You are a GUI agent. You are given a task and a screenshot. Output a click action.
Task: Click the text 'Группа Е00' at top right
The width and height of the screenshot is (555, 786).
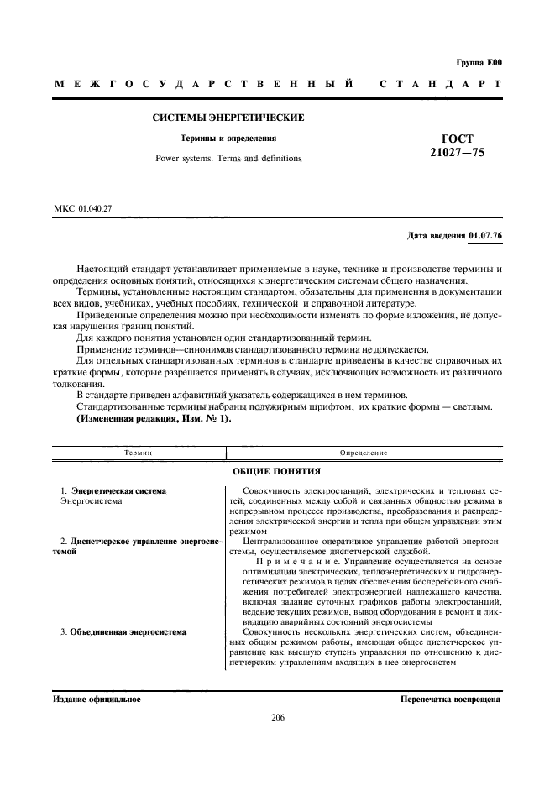pos(479,62)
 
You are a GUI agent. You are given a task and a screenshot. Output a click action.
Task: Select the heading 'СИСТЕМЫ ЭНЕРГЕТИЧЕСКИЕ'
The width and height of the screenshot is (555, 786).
pos(228,118)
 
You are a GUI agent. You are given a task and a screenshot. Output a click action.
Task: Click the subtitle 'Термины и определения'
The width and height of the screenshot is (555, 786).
pos(228,138)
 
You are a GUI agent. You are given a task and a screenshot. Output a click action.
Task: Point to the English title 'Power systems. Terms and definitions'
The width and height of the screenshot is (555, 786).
pos(228,158)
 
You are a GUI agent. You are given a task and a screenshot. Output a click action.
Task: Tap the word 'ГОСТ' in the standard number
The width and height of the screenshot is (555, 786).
pos(457,139)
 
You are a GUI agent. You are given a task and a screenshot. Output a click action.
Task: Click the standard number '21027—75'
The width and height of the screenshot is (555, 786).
pos(457,154)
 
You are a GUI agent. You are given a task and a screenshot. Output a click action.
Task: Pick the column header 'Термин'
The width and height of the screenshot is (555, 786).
pos(139,453)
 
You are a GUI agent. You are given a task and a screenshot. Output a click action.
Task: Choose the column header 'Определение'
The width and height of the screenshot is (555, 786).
pos(364,453)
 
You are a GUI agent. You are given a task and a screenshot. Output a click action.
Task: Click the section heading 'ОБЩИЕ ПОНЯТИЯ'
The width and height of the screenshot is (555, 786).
pos(278,472)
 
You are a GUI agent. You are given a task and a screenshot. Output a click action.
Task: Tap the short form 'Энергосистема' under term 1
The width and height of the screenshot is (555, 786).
pos(92,500)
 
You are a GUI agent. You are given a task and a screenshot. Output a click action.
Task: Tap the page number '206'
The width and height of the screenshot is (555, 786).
pos(278,717)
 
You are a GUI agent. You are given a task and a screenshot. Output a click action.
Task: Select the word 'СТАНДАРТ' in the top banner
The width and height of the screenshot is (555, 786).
pos(441,85)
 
